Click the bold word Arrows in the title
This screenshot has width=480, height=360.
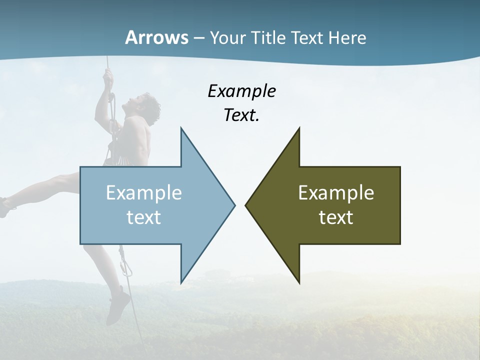coord(156,37)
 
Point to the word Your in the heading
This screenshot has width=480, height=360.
coord(227,38)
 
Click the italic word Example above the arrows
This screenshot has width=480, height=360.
coord(241,91)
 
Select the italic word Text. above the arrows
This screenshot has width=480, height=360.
coord(241,115)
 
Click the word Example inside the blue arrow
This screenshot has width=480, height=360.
coord(144,193)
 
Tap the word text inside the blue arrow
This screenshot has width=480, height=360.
coord(144,217)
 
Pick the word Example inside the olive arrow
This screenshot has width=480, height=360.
coord(336,193)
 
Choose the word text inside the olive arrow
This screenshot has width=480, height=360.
coord(336,217)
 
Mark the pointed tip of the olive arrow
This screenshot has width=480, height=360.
coord(246,204)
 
